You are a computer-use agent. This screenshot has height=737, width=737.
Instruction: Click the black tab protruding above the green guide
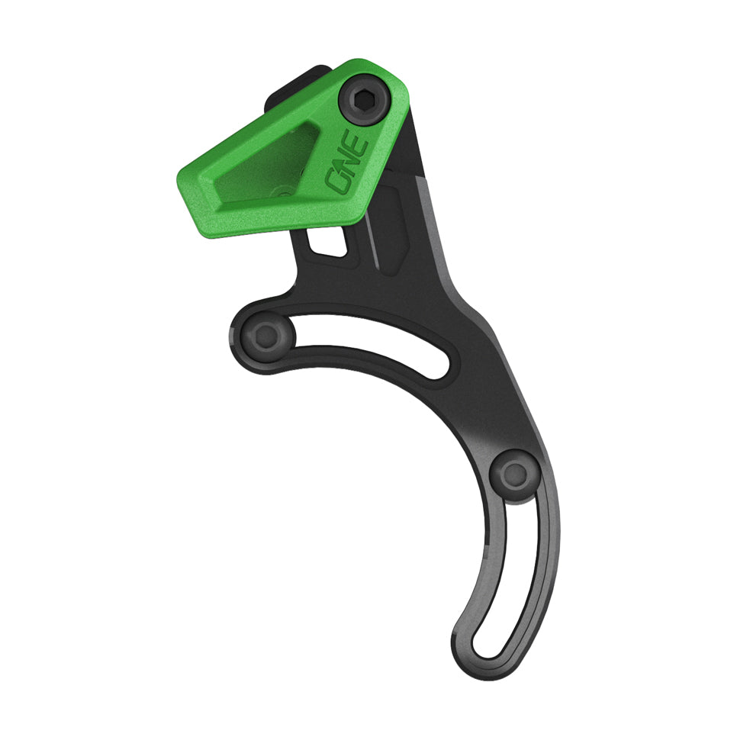click(x=290, y=85)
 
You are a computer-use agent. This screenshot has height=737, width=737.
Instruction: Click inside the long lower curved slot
click(x=526, y=580)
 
